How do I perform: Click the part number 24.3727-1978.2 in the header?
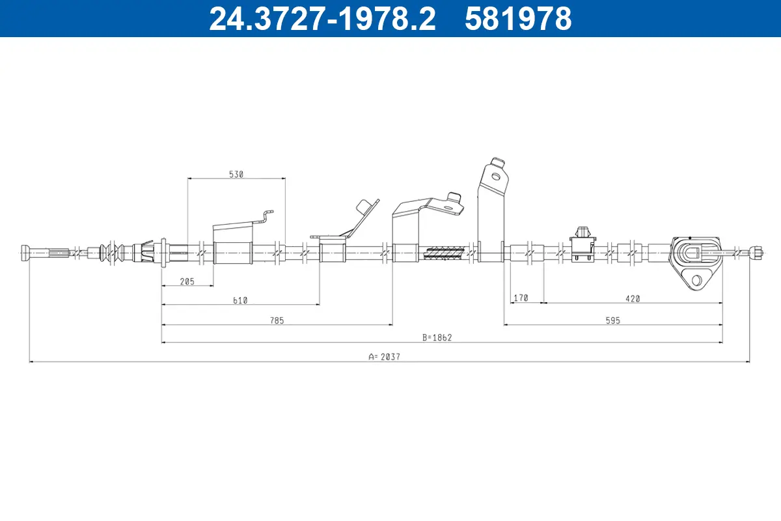[x=322, y=18]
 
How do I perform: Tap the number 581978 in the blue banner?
[x=518, y=18]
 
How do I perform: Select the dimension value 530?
[x=236, y=174]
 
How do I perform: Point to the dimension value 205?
[x=187, y=281]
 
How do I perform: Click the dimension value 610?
[x=240, y=300]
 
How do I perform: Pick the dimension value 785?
[x=277, y=320]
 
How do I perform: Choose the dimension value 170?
[x=521, y=298]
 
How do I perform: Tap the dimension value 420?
[x=633, y=299]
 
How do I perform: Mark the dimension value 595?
[x=612, y=320]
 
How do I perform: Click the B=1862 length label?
[x=437, y=337]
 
